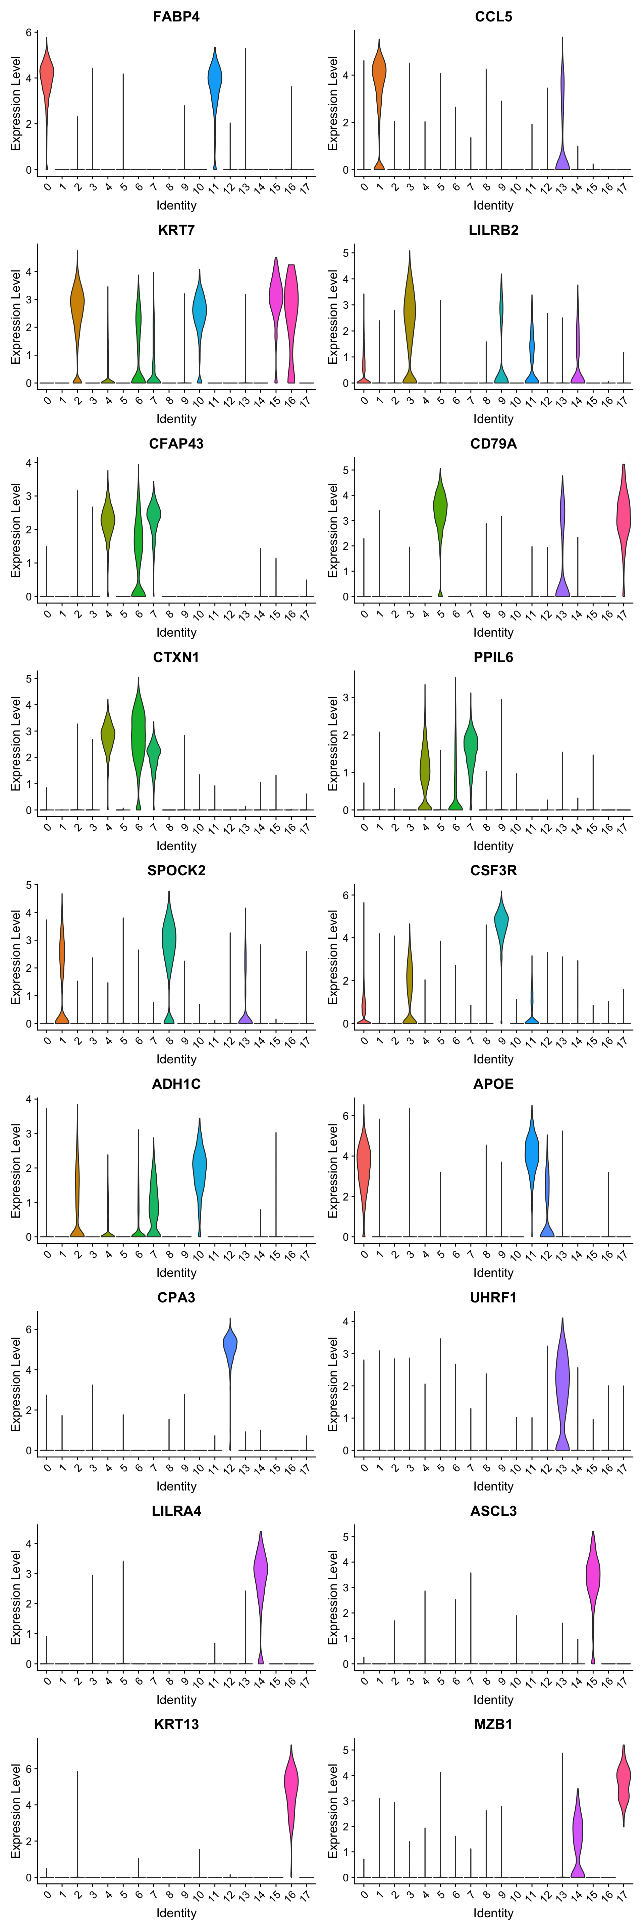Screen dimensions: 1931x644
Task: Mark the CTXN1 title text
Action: click(x=176, y=657)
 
